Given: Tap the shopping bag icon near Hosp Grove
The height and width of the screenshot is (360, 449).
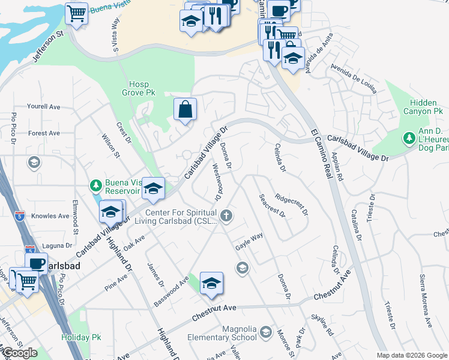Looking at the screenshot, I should click(x=185, y=109).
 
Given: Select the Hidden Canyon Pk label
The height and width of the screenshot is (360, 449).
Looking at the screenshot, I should click(x=426, y=107).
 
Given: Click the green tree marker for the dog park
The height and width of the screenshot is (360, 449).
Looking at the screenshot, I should click(x=409, y=139).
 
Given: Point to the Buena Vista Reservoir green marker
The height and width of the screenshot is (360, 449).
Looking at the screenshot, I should click(x=95, y=184).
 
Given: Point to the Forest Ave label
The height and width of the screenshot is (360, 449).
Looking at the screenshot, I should click(x=44, y=133).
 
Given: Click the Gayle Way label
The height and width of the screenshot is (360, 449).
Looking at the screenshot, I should click(x=249, y=241).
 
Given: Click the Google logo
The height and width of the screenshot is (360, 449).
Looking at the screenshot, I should click(x=20, y=353).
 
